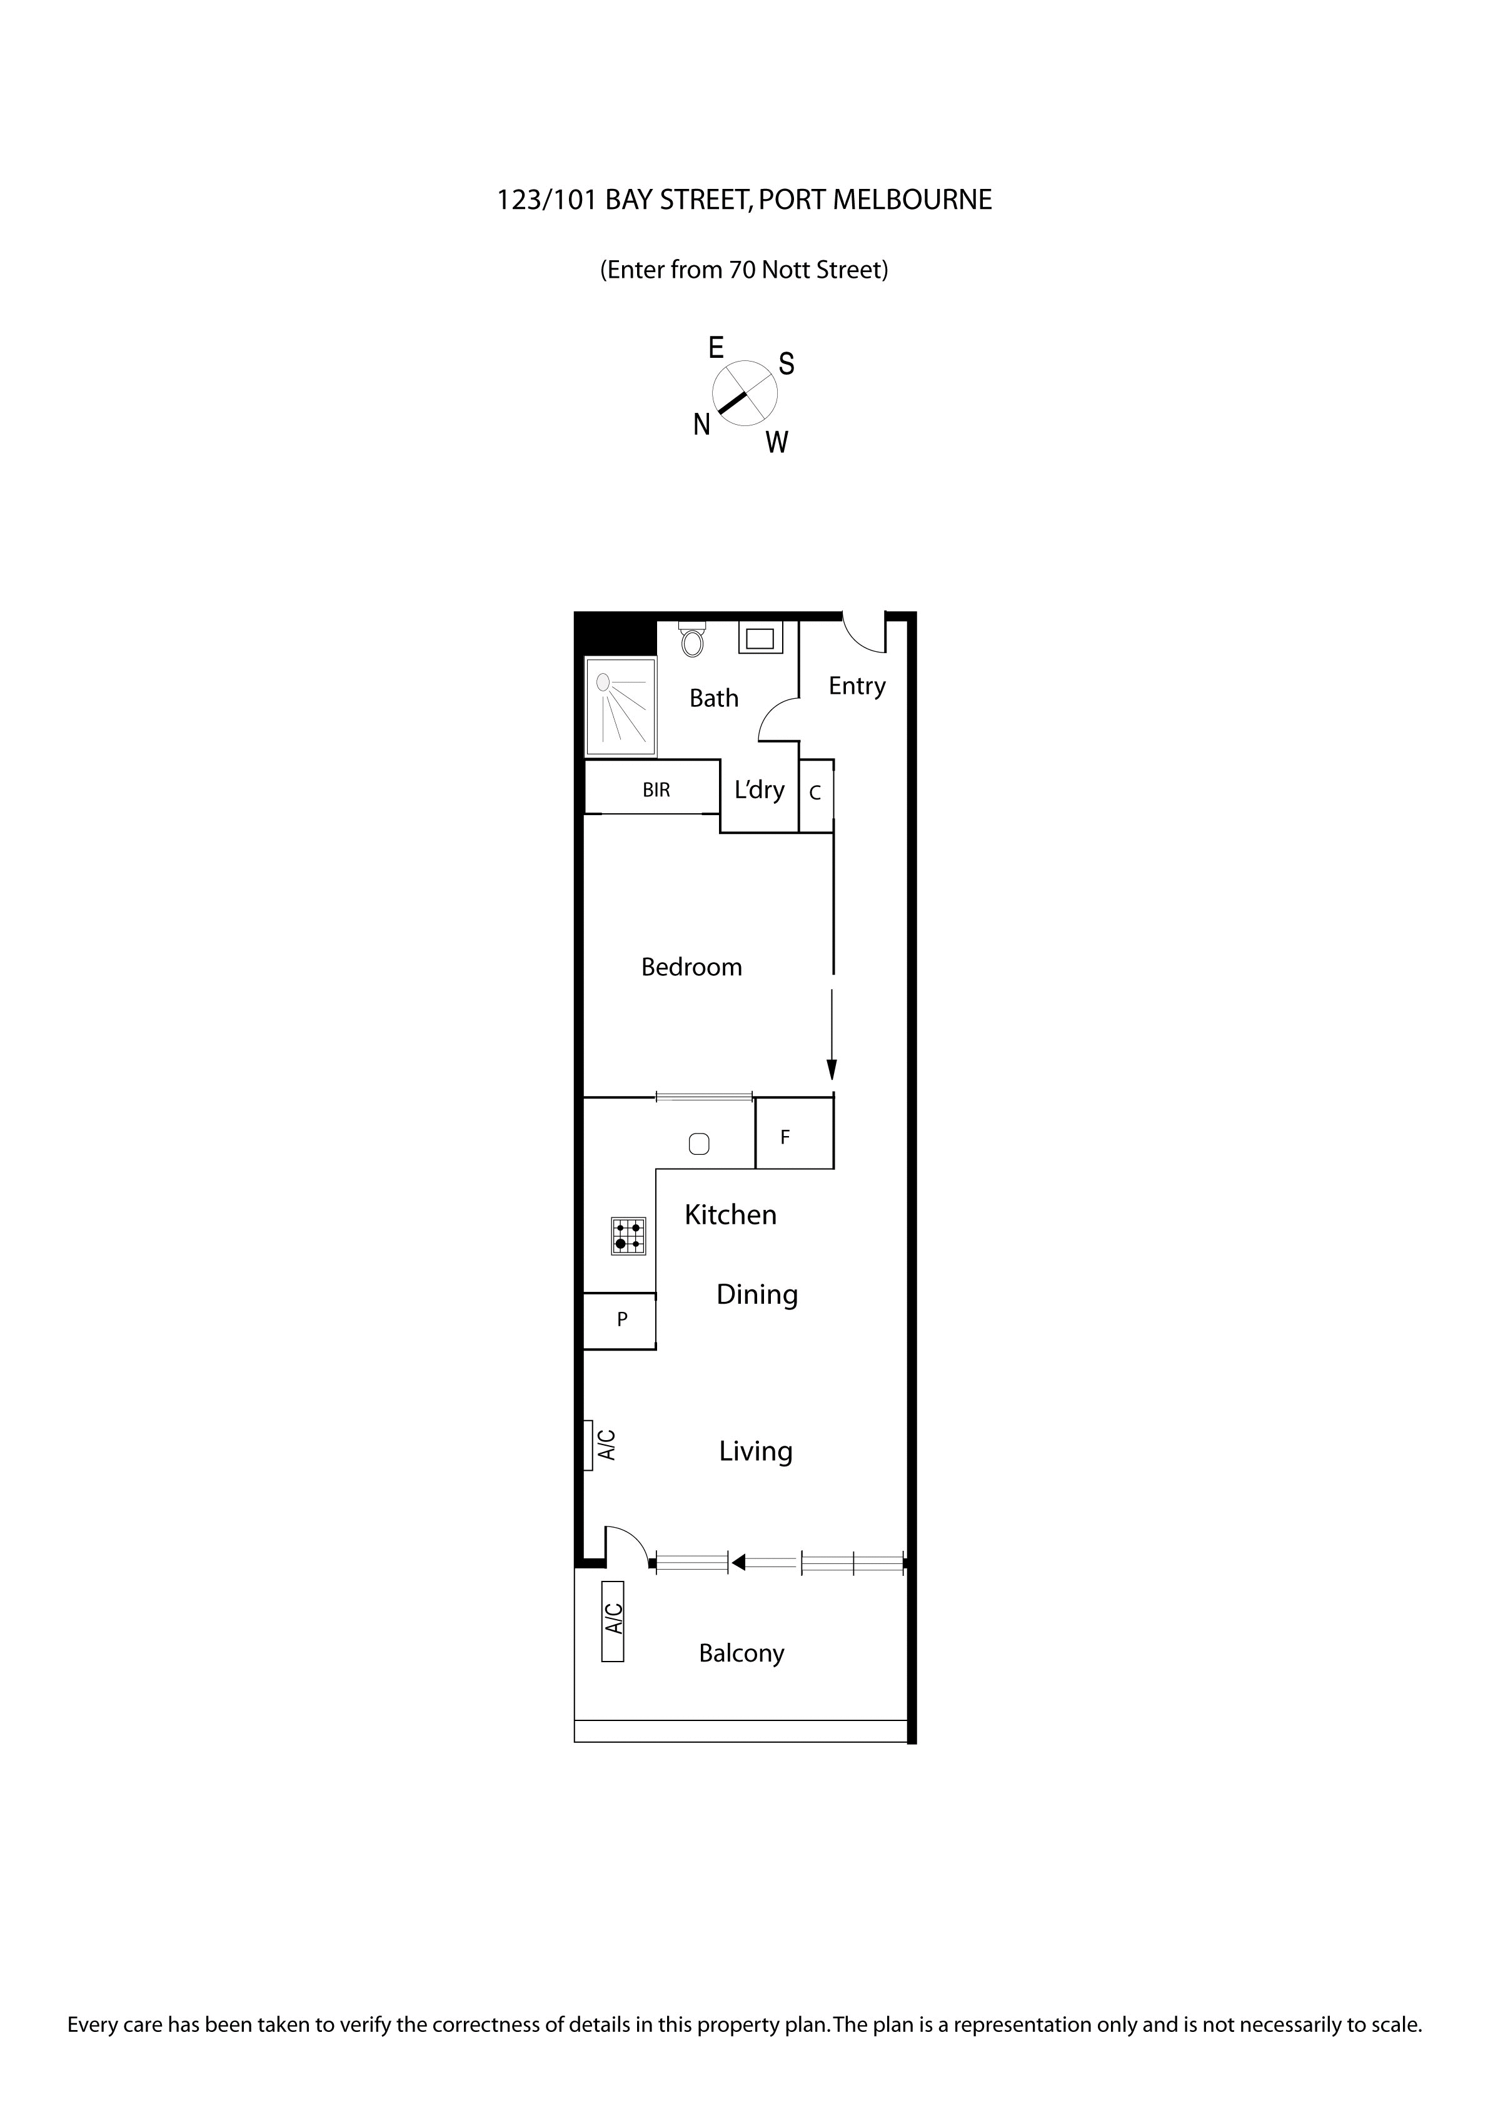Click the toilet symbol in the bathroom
tap(693, 639)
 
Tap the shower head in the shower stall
tap(603, 682)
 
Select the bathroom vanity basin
tap(760, 637)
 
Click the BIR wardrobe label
tap(656, 789)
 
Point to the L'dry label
tap(760, 789)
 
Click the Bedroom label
tap(691, 967)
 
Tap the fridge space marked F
tap(785, 1137)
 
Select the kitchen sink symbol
tap(698, 1144)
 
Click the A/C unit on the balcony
tap(613, 1621)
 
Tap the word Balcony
tap(741, 1653)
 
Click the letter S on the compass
tap(786, 364)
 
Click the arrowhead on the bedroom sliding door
tap(831, 1069)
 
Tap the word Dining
tap(757, 1295)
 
